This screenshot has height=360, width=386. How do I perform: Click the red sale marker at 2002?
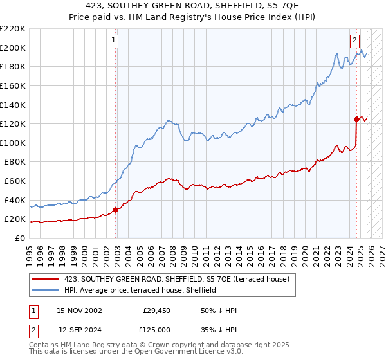[x=116, y=210]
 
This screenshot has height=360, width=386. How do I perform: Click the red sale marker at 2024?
[x=356, y=118]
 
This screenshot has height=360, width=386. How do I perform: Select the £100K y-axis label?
[x=13, y=143]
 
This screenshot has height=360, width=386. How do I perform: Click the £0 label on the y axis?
[x=19, y=238]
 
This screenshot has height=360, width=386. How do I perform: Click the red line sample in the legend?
[x=46, y=279]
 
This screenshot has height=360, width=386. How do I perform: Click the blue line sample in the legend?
[x=46, y=290]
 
